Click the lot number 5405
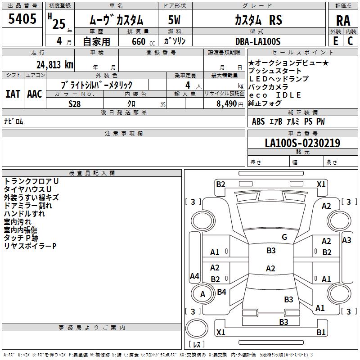[x=22, y=19]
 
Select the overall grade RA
[x=343, y=21]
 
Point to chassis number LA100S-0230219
[x=302, y=143]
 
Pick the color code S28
[x=75, y=103]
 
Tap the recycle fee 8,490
[x=227, y=103]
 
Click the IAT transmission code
[x=13, y=94]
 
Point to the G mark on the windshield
[x=284, y=237]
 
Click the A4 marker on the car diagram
[x=194, y=276]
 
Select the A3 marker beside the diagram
[x=346, y=240]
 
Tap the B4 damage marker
[x=221, y=292]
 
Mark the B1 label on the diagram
[x=321, y=333]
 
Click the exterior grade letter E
[x=335, y=40]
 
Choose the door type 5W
[x=175, y=20]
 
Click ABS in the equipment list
[x=258, y=121]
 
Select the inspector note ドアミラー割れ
[x=28, y=206]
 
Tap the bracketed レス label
[x=196, y=345]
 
